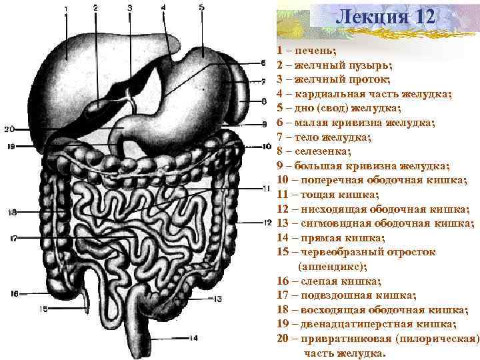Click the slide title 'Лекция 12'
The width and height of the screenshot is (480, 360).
click(x=385, y=15)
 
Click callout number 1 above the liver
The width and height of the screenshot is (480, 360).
click(x=66, y=8)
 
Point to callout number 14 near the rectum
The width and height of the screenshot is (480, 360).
click(x=193, y=337)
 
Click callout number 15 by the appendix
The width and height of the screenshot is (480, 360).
click(x=43, y=309)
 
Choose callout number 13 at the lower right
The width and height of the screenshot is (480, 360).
click(x=217, y=299)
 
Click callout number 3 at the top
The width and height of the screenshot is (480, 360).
click(x=129, y=7)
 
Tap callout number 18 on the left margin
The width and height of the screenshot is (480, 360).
click(x=12, y=213)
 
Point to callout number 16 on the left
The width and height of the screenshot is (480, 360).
click(x=15, y=293)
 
